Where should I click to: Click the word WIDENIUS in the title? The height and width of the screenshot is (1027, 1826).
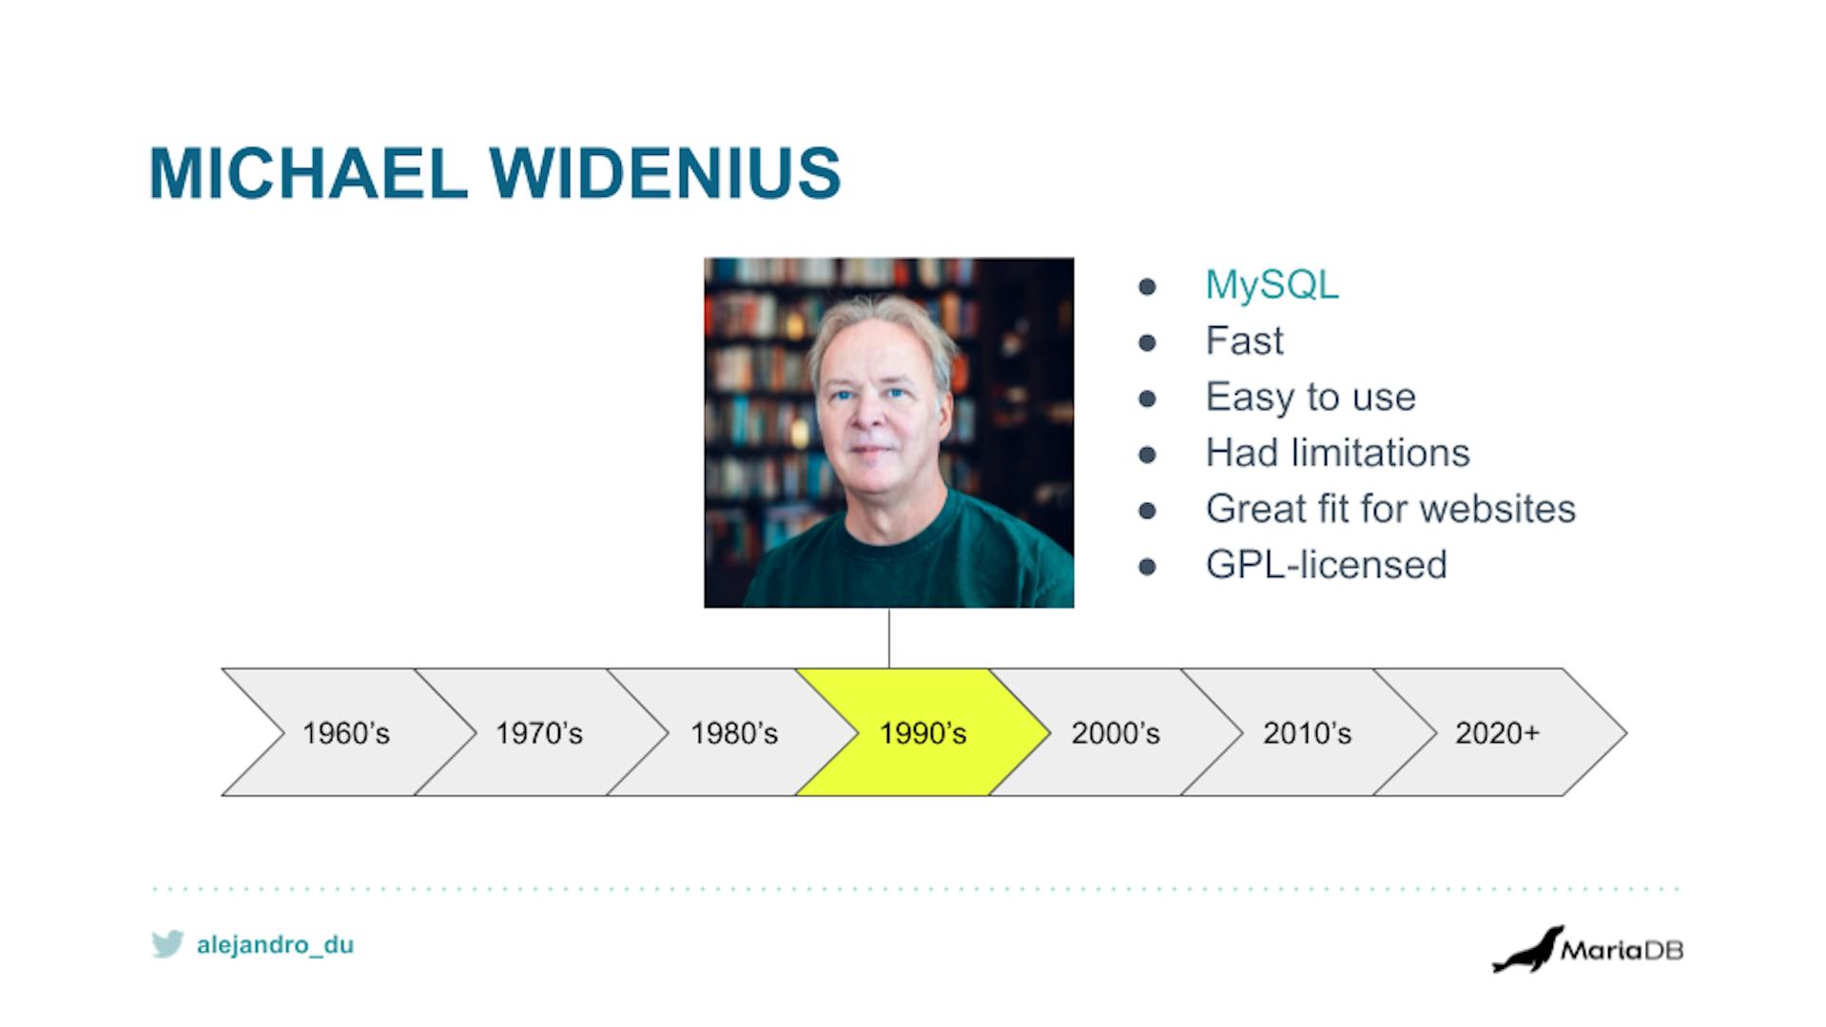coord(666,173)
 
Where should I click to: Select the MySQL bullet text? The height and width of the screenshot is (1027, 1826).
coord(1272,285)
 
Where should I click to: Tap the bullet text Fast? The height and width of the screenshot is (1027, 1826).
coord(1244,340)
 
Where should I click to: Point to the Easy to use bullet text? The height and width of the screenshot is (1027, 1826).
coord(1311,397)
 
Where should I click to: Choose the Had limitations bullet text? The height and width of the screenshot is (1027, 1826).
coord(1337,453)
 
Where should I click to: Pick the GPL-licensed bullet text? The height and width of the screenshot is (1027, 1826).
coord(1326,565)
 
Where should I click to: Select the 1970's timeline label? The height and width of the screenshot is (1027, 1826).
coord(539,733)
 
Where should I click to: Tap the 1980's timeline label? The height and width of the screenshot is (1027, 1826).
coord(734,733)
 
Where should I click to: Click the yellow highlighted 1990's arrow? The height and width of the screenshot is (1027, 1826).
coord(923,732)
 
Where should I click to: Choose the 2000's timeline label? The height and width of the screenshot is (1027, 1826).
coord(1116,733)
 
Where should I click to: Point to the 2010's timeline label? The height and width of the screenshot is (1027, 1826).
coord(1307,733)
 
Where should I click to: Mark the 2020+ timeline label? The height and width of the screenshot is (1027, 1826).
coord(1497,733)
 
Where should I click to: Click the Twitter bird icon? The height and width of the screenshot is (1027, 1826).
coord(167,944)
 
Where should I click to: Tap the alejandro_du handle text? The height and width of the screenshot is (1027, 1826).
coord(275,945)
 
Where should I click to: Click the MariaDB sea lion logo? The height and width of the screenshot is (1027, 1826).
coord(1527,949)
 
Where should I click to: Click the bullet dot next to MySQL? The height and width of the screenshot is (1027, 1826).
coord(1148,286)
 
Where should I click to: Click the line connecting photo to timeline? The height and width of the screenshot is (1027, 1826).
coord(889,638)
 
